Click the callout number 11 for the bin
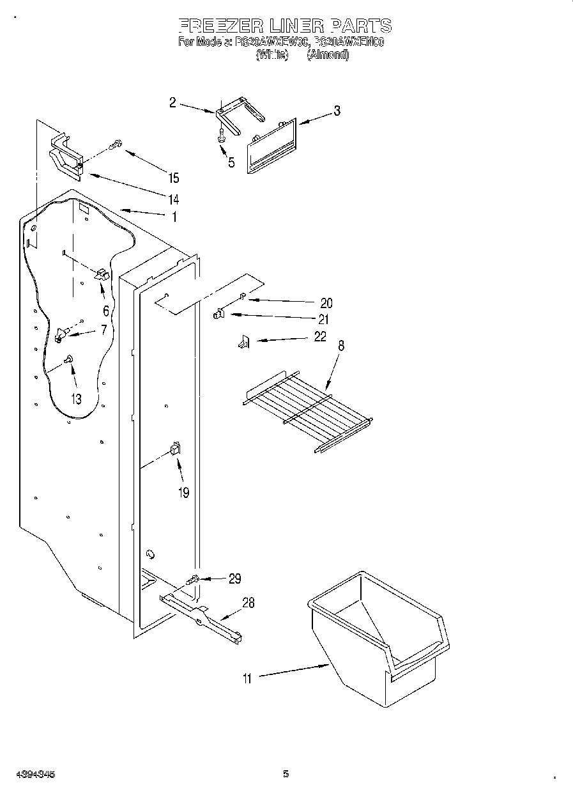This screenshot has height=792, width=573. click(247, 679)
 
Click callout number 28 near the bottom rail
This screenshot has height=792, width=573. click(248, 602)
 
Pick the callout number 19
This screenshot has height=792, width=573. click(184, 493)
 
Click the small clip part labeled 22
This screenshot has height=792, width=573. click(243, 344)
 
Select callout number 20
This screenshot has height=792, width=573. click(326, 303)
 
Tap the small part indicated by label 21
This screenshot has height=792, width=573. click(218, 313)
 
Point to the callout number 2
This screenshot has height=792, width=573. click(172, 102)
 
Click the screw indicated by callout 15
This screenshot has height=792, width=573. click(115, 146)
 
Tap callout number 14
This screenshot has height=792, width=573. click(174, 198)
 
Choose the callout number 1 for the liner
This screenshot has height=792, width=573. click(173, 217)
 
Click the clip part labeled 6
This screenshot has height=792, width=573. click(102, 274)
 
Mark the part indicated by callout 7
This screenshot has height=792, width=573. click(62, 332)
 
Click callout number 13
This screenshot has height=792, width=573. click(75, 400)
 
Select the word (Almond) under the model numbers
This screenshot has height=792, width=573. click(328, 55)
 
